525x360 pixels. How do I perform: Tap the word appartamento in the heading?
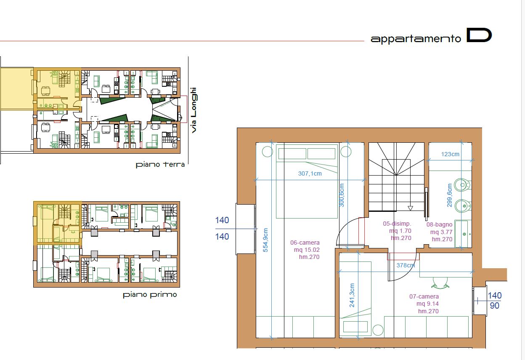pos(416,39)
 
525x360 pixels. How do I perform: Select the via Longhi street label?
pos(194,110)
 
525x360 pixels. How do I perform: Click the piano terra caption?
pos(160,164)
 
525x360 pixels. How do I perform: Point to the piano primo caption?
pos(150,295)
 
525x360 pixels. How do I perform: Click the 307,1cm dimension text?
pos(310,173)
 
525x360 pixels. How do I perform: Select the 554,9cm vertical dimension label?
pos(265,240)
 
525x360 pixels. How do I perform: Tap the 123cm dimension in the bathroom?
pos(450,154)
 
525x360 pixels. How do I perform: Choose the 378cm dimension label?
pos(406,265)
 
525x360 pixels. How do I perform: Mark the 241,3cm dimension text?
pos(352,295)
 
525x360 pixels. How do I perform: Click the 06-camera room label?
pos(305,243)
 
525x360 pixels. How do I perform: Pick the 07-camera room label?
pos(424,296)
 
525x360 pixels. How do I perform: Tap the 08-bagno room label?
pos(440,224)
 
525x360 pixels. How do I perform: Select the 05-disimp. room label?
pos(397,224)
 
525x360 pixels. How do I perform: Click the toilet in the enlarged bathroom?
pos(462,185)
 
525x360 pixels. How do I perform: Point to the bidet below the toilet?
pos(463,206)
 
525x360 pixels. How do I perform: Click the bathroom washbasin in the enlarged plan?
pos(463,234)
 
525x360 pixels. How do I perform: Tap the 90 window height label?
pos(495,306)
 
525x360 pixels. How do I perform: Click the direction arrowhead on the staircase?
pos(410,208)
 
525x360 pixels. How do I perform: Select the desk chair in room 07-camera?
pos(440,283)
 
